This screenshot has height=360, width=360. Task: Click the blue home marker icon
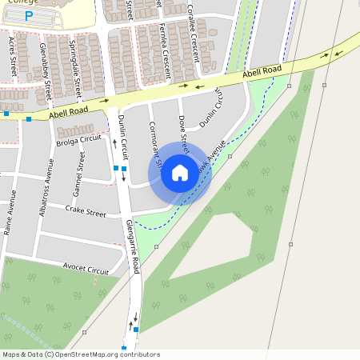[x=180, y=172]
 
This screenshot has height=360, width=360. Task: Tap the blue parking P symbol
[x=30, y=16]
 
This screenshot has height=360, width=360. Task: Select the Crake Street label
[x=86, y=214]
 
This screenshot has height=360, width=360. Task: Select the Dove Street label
[x=183, y=132]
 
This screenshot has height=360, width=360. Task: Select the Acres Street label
[x=12, y=51]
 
